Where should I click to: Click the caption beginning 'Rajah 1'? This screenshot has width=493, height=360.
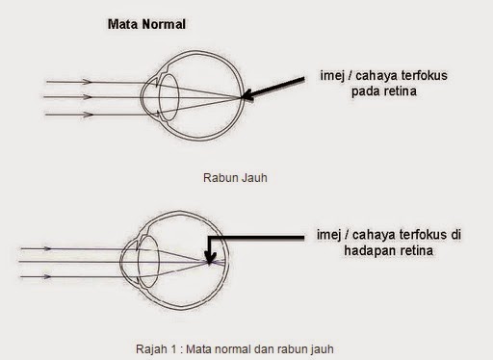point(235,347)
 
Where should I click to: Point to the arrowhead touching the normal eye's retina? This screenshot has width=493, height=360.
point(246,95)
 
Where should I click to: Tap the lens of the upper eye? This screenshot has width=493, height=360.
point(165,96)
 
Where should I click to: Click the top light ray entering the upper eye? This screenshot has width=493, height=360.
point(87,81)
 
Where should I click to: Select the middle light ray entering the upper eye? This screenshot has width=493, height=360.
point(87,97)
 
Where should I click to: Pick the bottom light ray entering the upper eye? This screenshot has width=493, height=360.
point(87,114)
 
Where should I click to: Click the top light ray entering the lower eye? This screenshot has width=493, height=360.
point(67,248)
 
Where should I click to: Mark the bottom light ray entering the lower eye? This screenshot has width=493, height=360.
point(67,277)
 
